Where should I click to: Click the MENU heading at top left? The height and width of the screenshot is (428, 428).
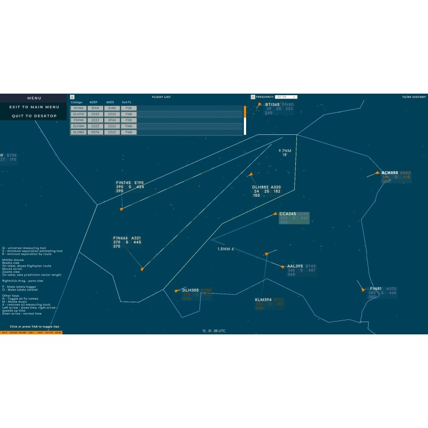(x=34, y=98)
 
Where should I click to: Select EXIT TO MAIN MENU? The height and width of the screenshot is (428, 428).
(x=34, y=107)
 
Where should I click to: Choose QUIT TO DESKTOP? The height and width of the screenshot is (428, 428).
(x=34, y=116)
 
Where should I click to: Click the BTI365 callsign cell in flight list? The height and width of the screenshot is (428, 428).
(x=79, y=108)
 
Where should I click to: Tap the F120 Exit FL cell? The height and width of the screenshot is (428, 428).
(x=128, y=120)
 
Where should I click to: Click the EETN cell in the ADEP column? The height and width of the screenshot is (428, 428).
(x=95, y=132)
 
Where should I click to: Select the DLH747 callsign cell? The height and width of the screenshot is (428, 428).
(x=79, y=114)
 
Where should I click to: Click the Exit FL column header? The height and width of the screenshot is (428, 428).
(x=126, y=102)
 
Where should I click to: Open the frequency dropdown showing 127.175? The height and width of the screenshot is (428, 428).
(x=286, y=97)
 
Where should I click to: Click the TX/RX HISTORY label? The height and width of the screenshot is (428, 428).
(x=414, y=97)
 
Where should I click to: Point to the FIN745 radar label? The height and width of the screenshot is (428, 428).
(x=124, y=183)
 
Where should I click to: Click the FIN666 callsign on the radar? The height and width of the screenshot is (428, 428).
(x=120, y=238)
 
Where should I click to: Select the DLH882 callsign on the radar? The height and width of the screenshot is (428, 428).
(x=261, y=187)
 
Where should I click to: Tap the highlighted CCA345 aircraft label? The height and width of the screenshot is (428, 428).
(x=288, y=214)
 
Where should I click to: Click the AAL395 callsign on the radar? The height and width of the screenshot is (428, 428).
(x=295, y=266)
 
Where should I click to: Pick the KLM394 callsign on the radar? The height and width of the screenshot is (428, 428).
(x=263, y=300)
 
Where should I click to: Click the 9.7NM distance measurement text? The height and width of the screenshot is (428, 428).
(x=285, y=151)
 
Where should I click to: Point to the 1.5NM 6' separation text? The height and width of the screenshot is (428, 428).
(x=226, y=249)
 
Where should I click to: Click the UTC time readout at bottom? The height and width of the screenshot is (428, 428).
(x=214, y=331)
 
